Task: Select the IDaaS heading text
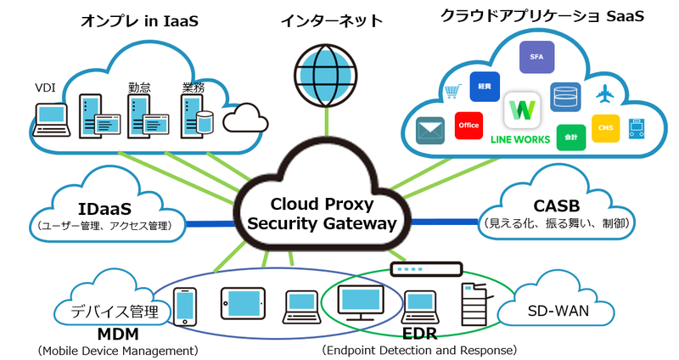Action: (x=103, y=208)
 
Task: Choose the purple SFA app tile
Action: (x=536, y=56)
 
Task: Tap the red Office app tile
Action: (x=469, y=125)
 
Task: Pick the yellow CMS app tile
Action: (x=605, y=127)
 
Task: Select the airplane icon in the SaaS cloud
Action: (x=605, y=93)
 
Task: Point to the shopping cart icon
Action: (x=452, y=91)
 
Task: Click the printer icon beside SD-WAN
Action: (x=475, y=303)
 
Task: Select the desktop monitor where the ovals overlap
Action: (x=361, y=302)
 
